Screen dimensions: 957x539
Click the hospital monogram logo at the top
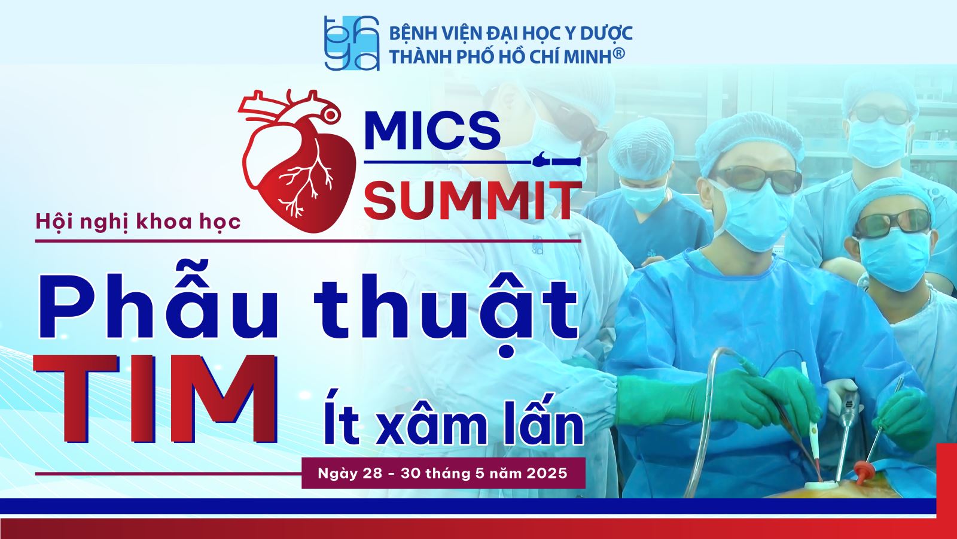click(352, 43)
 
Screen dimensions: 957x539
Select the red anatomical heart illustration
click(297, 161)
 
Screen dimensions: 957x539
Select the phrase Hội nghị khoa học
click(138, 222)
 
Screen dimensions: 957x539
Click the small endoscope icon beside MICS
click(557, 161)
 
